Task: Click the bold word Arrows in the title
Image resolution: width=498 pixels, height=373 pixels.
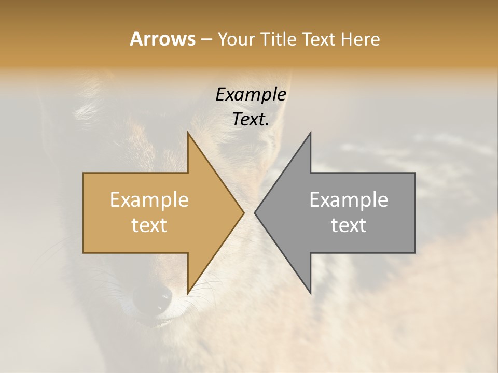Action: [x=162, y=39]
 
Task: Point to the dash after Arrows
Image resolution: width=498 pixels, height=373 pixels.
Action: [x=205, y=39]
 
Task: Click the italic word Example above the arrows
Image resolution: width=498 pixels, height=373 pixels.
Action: [x=251, y=95]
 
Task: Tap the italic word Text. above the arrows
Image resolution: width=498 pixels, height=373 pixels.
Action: [x=251, y=120]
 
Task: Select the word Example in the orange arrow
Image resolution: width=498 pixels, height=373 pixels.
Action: [x=149, y=200]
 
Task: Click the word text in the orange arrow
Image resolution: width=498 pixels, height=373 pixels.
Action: [x=149, y=225]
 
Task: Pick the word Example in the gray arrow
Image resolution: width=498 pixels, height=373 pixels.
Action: [x=349, y=200]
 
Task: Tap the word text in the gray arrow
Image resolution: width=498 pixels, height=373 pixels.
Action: [x=349, y=225]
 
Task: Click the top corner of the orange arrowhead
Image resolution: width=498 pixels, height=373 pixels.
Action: [x=188, y=134]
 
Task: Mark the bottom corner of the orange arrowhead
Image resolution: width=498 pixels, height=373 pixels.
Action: [x=188, y=292]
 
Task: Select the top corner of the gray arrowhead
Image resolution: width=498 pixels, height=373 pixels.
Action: [x=310, y=134]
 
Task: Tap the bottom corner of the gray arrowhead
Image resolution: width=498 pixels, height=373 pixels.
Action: [x=310, y=292]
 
